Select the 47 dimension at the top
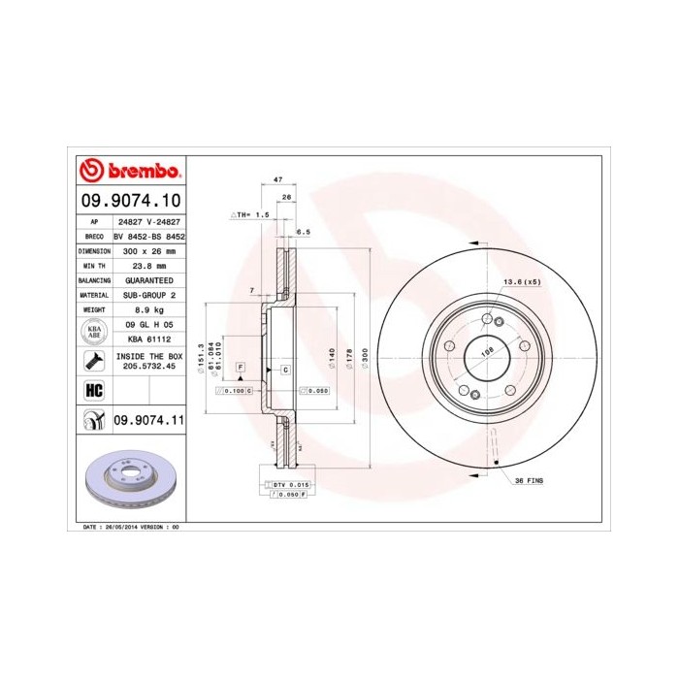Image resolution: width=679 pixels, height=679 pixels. (277, 181)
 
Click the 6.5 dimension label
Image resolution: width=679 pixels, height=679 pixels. (303, 232)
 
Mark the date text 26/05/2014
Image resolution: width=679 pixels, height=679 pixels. (120, 526)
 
